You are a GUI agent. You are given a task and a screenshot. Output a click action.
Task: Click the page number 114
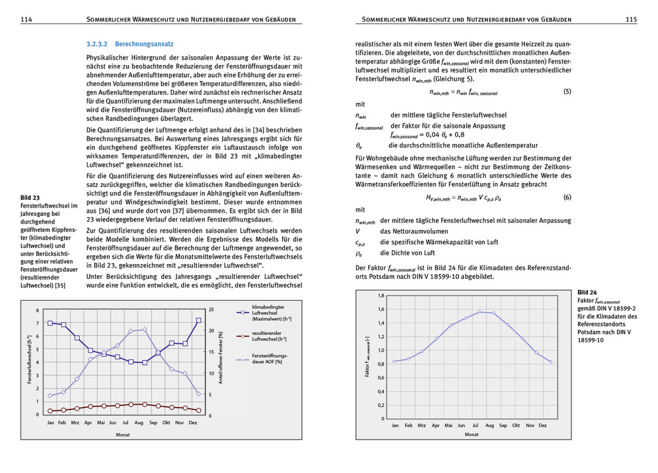pos(26,20)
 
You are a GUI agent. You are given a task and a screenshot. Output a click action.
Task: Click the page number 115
pos(631,20)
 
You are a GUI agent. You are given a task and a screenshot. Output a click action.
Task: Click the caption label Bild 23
pos(30,197)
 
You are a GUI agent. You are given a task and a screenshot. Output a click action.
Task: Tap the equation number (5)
pos(567,92)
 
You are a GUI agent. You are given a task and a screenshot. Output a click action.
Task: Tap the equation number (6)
pos(567,197)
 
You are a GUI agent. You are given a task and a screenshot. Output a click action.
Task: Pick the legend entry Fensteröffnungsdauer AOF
pos(269,359)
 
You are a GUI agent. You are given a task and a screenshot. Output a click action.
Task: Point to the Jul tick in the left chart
pos(125,423)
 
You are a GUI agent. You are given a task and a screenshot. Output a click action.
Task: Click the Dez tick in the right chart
pos(543,425)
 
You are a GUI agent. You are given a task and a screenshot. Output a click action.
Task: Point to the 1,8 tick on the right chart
pos(380,295)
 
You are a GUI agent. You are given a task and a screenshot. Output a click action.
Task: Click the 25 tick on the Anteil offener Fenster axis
pos(212,310)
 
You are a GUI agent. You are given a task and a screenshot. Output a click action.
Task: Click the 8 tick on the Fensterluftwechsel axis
pos(38,310)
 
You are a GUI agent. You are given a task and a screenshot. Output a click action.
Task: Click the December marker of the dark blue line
pos(199,320)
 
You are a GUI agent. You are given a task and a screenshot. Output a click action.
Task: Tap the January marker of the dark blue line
pos(50,323)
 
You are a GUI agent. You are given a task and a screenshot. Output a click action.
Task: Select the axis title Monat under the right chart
pos(472,434)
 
